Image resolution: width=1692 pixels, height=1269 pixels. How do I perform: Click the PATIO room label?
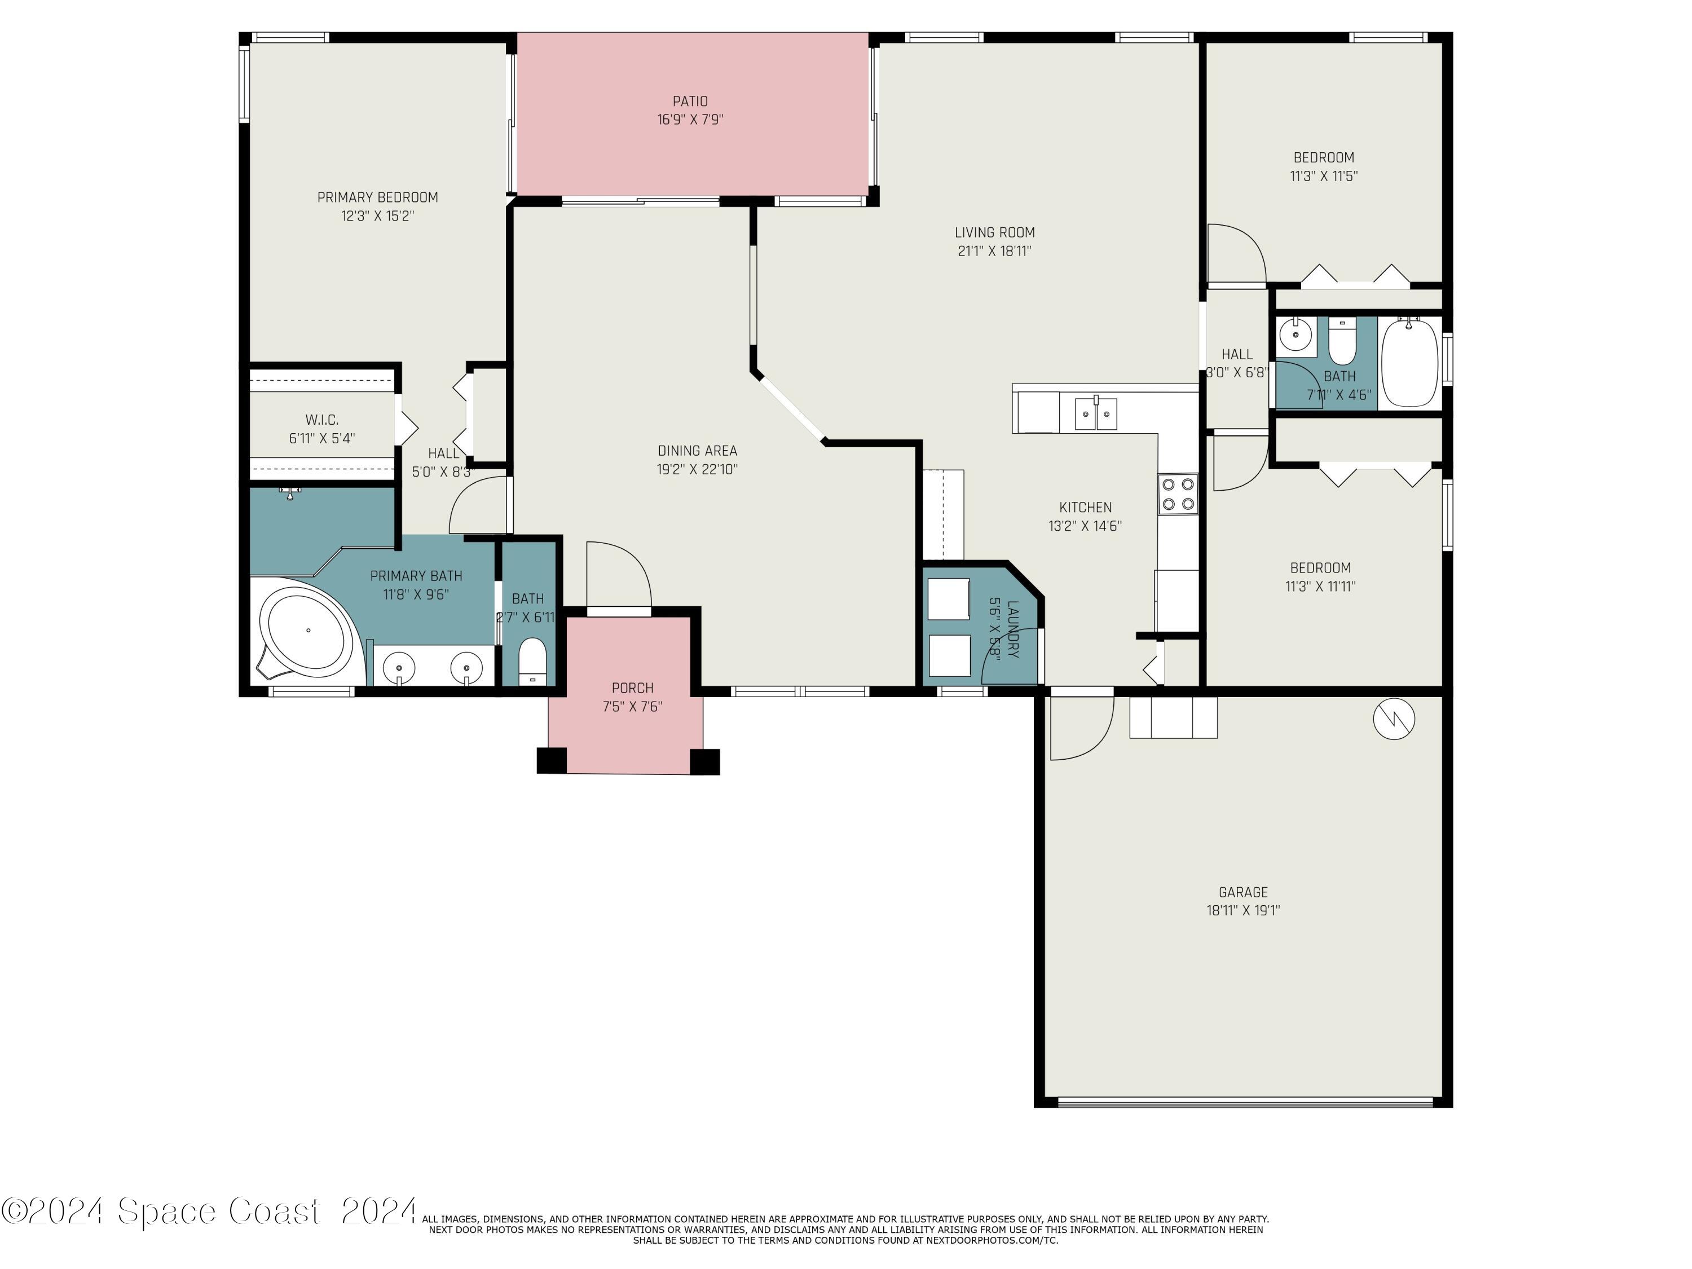pos(690,101)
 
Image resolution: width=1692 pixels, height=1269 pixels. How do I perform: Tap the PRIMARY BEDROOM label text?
pos(378,197)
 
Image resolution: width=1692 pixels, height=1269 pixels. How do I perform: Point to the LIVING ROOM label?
pos(994,232)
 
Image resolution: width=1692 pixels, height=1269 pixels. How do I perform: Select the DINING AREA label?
pos(698,451)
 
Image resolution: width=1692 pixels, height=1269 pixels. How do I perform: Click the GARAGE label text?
pos(1243,892)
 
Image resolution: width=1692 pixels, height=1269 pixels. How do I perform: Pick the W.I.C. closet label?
pos(322,420)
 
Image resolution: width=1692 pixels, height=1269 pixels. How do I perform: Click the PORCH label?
pos(633,688)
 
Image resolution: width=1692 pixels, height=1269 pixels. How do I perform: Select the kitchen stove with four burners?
pos(1178,494)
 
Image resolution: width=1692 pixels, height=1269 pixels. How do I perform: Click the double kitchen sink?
pos(1096,414)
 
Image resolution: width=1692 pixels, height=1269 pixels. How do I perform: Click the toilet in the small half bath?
pos(532,662)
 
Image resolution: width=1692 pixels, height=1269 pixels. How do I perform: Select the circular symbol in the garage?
pos(1394,719)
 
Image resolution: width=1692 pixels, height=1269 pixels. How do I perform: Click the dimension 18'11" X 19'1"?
pos(1243,910)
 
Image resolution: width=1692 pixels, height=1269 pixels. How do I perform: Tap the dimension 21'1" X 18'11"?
pos(994,251)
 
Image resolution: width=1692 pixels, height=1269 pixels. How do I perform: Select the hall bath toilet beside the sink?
pos(1342,341)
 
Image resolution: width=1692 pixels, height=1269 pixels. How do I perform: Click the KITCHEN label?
pos(1086,507)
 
